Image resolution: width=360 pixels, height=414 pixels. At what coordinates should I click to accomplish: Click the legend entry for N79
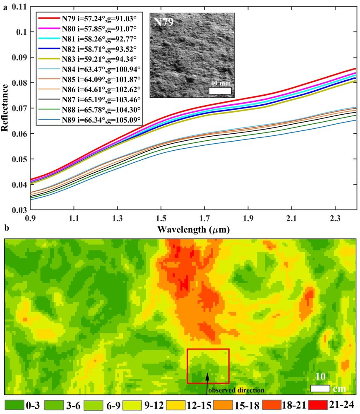pos(90,18)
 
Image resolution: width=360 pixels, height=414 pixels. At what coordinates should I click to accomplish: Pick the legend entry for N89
pos(90,120)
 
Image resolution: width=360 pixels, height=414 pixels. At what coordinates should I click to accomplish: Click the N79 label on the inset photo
pos(163,22)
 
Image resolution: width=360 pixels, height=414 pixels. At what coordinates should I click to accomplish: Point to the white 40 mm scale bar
pos(220,91)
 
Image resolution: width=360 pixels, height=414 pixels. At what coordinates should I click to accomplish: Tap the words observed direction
pos(236,390)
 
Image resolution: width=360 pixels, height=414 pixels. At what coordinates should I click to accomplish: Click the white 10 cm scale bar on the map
pos(320,388)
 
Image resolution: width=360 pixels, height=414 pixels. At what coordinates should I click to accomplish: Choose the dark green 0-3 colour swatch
pos(13,404)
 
